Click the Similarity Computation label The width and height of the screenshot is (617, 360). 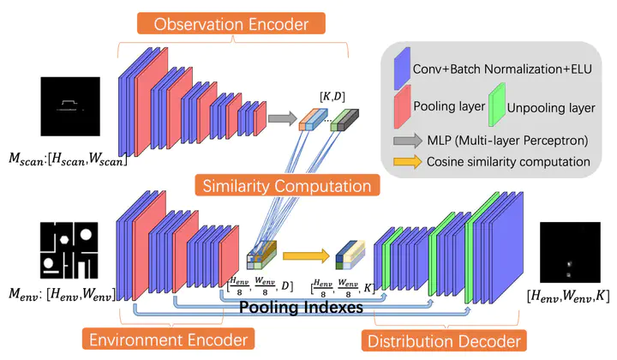pyautogui.click(x=282, y=183)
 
